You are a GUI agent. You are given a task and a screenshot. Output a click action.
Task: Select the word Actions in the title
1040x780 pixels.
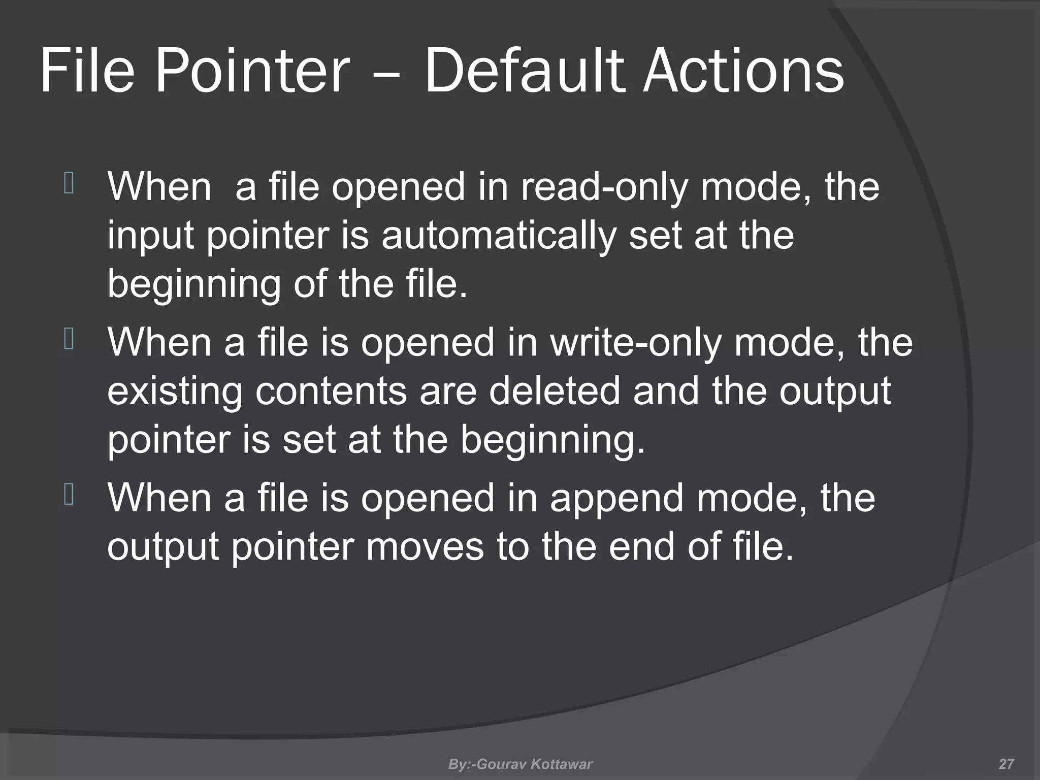pos(743,71)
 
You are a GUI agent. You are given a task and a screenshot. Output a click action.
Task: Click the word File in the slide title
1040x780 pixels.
pos(87,71)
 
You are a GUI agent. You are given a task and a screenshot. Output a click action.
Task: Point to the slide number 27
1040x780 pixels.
pos(1006,764)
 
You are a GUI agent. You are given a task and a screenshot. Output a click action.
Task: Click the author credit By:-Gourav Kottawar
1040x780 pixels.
pos(520,764)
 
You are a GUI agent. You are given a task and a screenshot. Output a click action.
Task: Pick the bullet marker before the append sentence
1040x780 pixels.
pos(69,495)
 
